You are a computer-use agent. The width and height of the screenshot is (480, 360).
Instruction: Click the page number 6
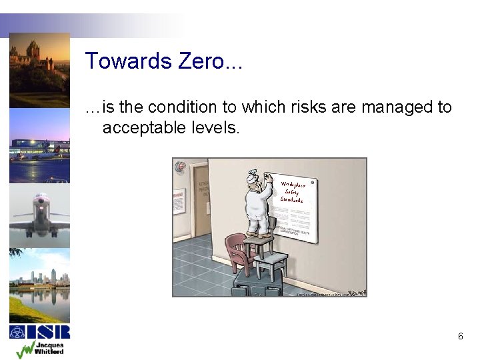click(460, 337)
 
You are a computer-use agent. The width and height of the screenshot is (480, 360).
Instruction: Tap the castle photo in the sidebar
click(39, 70)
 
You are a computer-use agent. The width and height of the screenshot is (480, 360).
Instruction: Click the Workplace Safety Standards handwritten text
click(293, 192)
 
